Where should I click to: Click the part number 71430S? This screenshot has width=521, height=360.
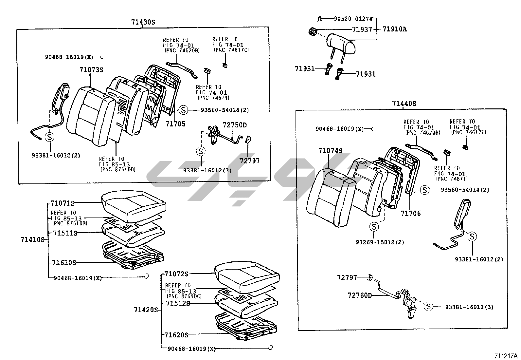[x=143, y=22]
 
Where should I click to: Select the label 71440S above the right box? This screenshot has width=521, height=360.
[x=404, y=104]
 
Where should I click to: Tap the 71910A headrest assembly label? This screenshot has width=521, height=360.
[x=394, y=29]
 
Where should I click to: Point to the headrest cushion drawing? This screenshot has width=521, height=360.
[x=341, y=44]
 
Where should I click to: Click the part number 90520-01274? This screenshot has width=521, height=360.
[x=353, y=19]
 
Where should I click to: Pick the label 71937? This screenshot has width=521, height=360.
[x=362, y=29]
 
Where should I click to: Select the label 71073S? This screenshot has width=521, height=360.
[x=91, y=70]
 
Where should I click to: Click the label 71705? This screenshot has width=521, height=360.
[x=175, y=124]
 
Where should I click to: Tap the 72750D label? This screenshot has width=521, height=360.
[x=235, y=125]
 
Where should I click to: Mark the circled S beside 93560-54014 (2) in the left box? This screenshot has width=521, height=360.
[x=183, y=110]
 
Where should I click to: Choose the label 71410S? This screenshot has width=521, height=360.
[x=32, y=239]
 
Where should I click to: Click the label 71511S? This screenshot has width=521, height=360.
[x=65, y=233]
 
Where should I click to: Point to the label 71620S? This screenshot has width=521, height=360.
[x=176, y=335]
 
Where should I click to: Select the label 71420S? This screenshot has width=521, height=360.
[x=146, y=310]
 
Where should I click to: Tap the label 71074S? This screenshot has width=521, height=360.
[x=330, y=151]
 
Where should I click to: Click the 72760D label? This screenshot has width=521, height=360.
[x=360, y=295]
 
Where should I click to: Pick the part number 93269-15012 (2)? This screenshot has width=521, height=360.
[x=380, y=242]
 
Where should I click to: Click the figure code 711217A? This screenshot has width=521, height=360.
[x=506, y=356]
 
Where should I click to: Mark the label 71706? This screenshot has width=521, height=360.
[x=411, y=213]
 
